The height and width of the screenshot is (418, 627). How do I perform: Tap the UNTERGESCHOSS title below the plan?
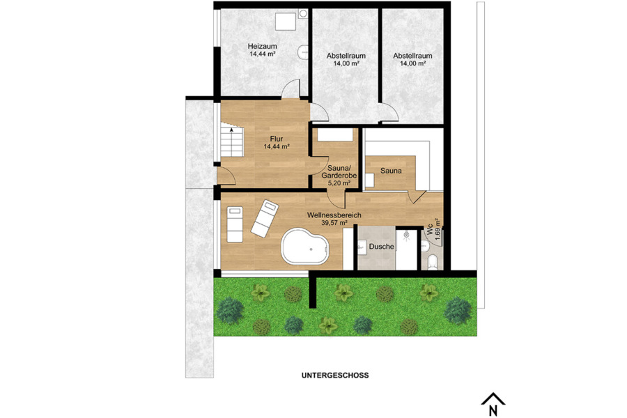point(335,375)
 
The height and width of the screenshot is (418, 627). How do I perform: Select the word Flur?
point(276,138)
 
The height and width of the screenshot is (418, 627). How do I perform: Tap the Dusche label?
point(382,247)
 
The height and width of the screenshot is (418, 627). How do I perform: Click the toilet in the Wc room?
point(433,262)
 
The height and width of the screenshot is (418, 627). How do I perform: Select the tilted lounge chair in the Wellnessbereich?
point(264,217)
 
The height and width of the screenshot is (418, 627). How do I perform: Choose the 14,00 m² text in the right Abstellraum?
point(412,63)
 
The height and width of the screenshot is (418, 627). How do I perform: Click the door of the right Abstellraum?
point(389,110)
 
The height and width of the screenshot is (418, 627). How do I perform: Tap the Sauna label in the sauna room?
point(393,168)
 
